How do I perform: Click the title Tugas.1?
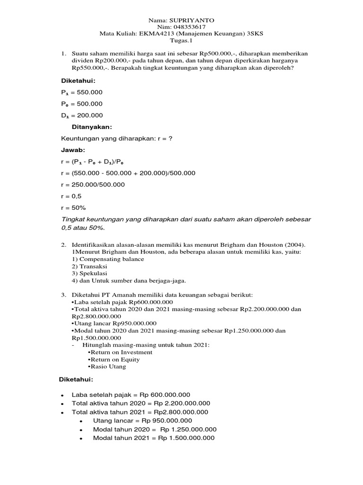click(181, 41)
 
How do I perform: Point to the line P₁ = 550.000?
click(82, 92)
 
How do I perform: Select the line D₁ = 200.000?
click(82, 115)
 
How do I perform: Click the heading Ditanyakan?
click(92, 127)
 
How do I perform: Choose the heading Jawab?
click(74, 150)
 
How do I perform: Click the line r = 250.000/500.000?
click(93, 185)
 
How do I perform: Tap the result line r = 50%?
click(74, 207)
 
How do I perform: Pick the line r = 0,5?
click(71, 196)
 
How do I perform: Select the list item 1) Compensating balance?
click(108, 259)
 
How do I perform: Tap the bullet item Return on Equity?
click(114, 359)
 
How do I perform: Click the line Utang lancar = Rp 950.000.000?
click(142, 421)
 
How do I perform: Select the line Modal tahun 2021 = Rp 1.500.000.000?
click(154, 438)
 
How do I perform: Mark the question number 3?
click(63, 295)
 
